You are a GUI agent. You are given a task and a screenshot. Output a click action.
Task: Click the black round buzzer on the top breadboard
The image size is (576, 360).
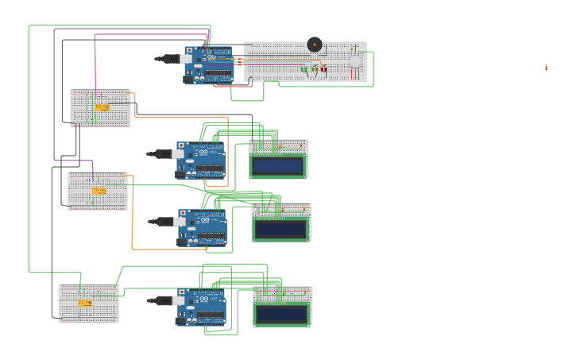(315, 44)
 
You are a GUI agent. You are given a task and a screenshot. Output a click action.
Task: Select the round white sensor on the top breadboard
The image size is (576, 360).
(355, 61)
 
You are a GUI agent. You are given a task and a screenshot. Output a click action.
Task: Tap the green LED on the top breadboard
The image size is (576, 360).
(304, 69)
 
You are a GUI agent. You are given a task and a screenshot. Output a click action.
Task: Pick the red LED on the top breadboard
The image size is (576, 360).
(323, 69)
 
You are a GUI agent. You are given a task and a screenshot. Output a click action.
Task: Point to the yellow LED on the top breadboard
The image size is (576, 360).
(314, 69)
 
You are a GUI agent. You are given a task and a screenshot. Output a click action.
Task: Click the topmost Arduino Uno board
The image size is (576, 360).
(210, 65)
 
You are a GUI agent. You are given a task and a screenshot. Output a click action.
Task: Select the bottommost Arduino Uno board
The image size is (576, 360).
(201, 308)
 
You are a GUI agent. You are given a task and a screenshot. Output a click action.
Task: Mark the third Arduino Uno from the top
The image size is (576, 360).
(203, 228)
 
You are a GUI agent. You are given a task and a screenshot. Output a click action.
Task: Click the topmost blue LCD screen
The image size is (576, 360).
(277, 166)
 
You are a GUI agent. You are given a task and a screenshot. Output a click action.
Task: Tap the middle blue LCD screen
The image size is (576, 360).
(280, 230)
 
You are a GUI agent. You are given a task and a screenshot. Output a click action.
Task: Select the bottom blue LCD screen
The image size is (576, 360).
(281, 313)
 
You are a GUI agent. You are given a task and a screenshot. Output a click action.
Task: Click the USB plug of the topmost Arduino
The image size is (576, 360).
(168, 58)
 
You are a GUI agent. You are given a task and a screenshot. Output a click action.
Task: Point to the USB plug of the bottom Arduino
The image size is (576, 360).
(160, 300)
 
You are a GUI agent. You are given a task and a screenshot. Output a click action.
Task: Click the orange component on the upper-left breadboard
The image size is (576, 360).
(102, 107)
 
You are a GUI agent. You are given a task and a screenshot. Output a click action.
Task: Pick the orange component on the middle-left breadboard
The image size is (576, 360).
(99, 191)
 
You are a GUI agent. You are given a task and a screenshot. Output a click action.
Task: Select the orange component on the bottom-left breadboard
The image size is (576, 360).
(84, 303)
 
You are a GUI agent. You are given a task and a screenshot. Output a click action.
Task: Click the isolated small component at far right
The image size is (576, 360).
(547, 68)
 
